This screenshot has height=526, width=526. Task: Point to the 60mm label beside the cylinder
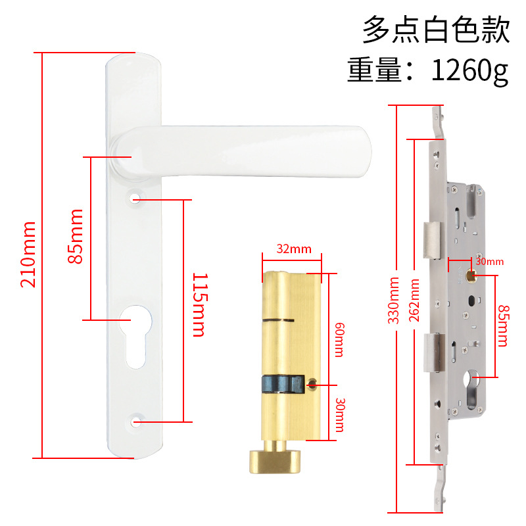[339, 339]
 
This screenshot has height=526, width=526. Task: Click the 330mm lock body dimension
[394, 306]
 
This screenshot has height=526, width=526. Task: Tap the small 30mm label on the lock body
[489, 262]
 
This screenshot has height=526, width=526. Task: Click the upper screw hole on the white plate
[136, 197]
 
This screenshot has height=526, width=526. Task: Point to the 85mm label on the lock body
[504, 325]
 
